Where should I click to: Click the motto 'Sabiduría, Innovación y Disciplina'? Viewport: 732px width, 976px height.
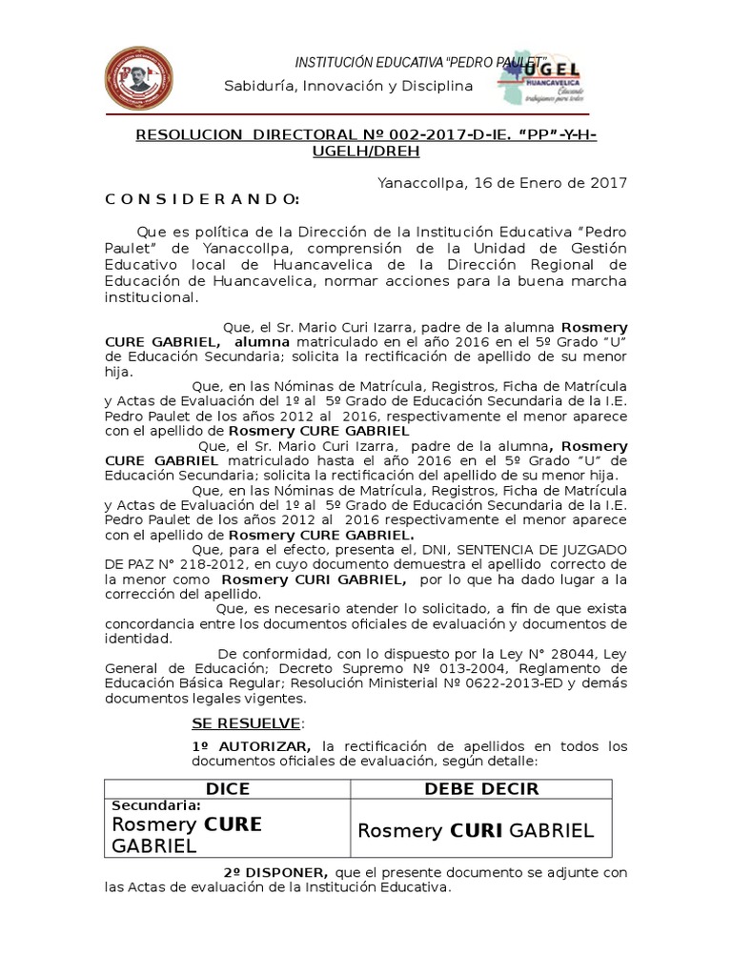348,87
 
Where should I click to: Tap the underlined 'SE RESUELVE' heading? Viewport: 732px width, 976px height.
246,723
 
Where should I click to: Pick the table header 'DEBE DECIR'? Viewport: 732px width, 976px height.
481,788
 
